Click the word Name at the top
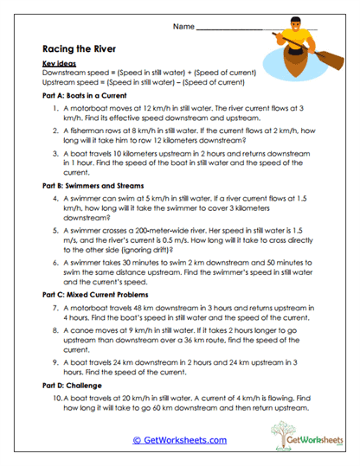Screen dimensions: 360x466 183,27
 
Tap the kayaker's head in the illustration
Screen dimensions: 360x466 295,19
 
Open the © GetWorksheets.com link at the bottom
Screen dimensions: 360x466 180,439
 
